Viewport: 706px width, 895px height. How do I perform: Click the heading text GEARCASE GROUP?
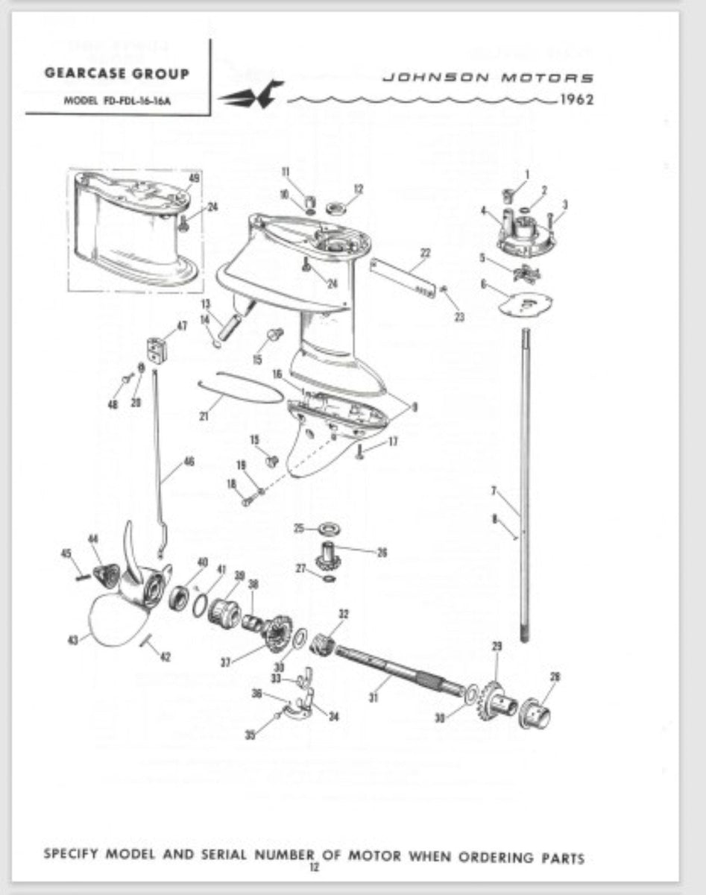(x=117, y=74)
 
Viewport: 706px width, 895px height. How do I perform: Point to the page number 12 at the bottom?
(x=314, y=867)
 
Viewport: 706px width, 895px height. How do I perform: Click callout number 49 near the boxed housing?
(x=194, y=178)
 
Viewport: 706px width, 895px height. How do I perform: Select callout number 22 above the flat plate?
(x=425, y=253)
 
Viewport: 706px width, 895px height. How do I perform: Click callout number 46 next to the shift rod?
(x=189, y=462)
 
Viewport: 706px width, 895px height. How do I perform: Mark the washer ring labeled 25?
(x=326, y=529)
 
